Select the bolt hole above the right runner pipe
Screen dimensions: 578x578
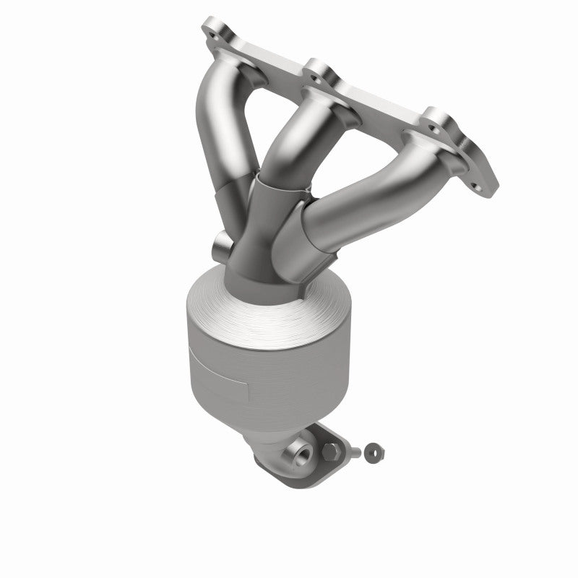pyautogui.click(x=436, y=115)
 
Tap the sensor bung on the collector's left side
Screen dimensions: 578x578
pyautogui.click(x=220, y=246)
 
